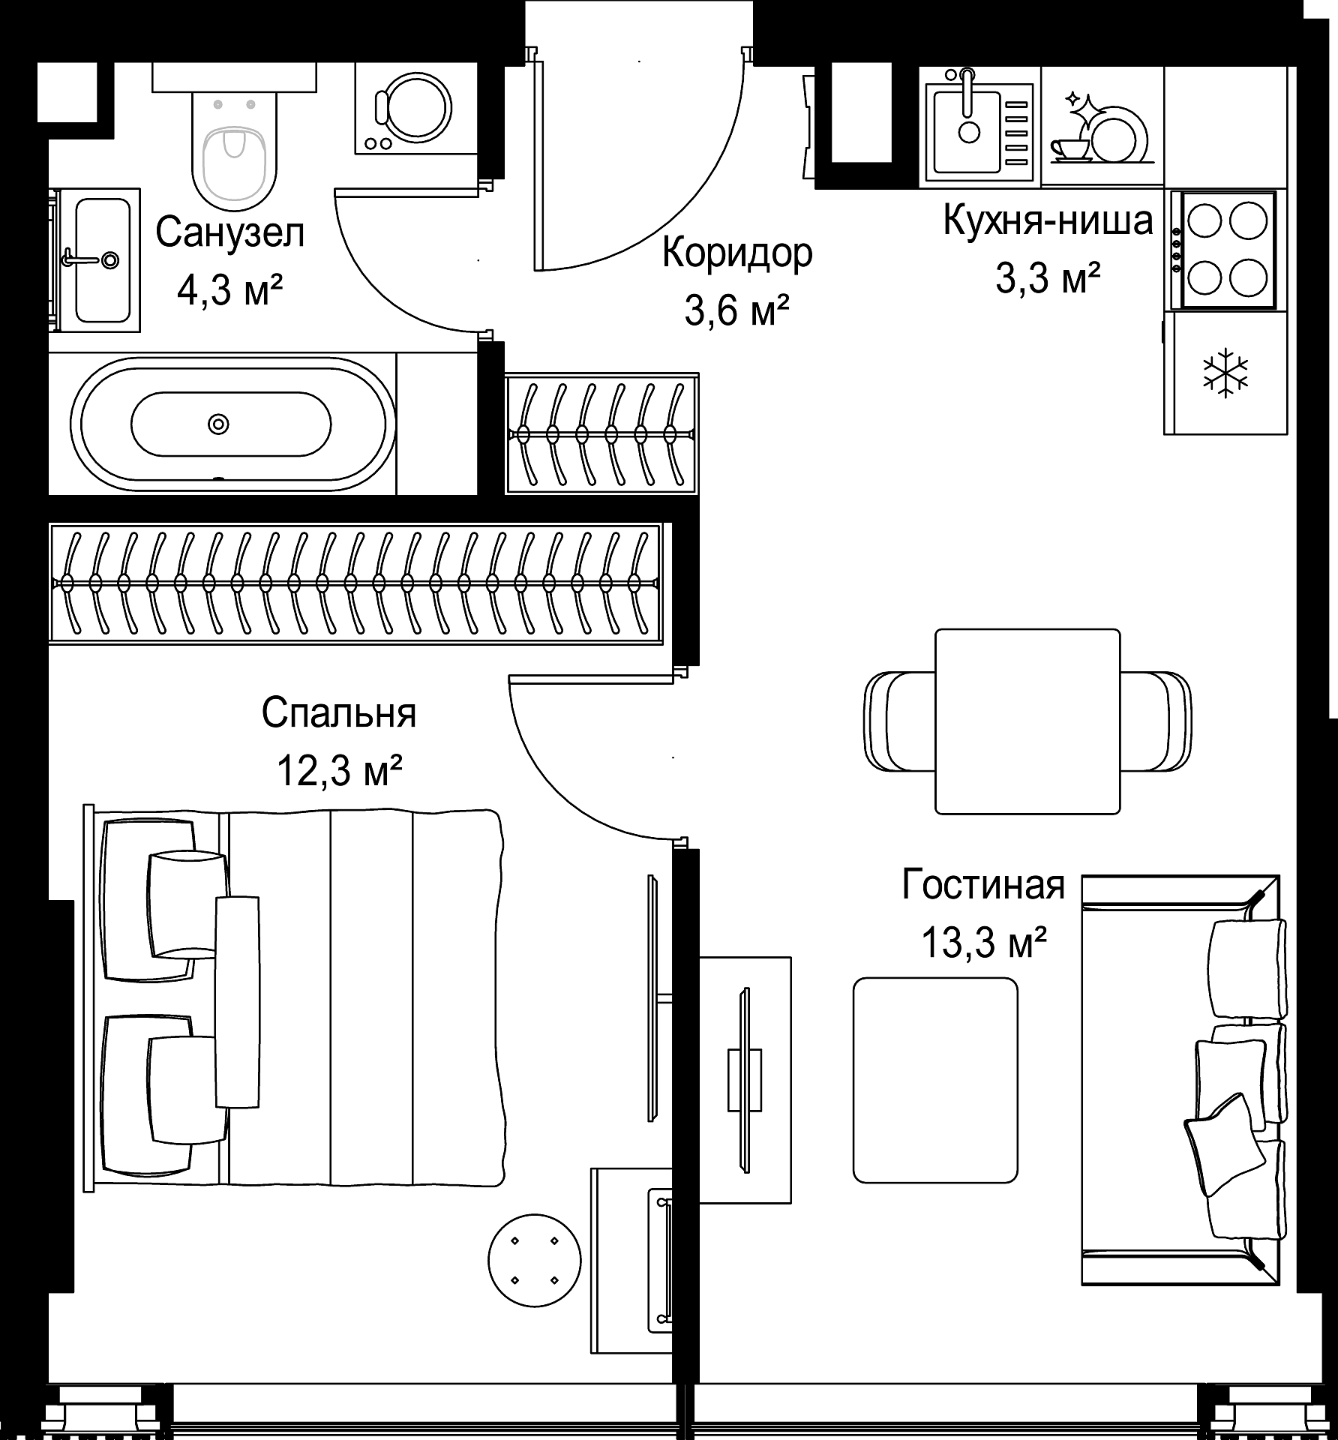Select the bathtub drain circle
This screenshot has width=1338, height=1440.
click(x=218, y=424)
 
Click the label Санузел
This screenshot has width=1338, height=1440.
click(x=230, y=232)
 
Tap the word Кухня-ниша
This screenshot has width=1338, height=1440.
click(x=1047, y=221)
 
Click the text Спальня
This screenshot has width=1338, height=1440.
click(x=339, y=713)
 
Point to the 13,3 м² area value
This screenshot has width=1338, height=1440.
click(x=983, y=942)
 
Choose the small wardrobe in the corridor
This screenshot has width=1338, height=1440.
click(x=601, y=433)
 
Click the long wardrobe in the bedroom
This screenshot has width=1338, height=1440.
click(x=356, y=583)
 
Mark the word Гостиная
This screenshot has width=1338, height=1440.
click(x=983, y=884)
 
